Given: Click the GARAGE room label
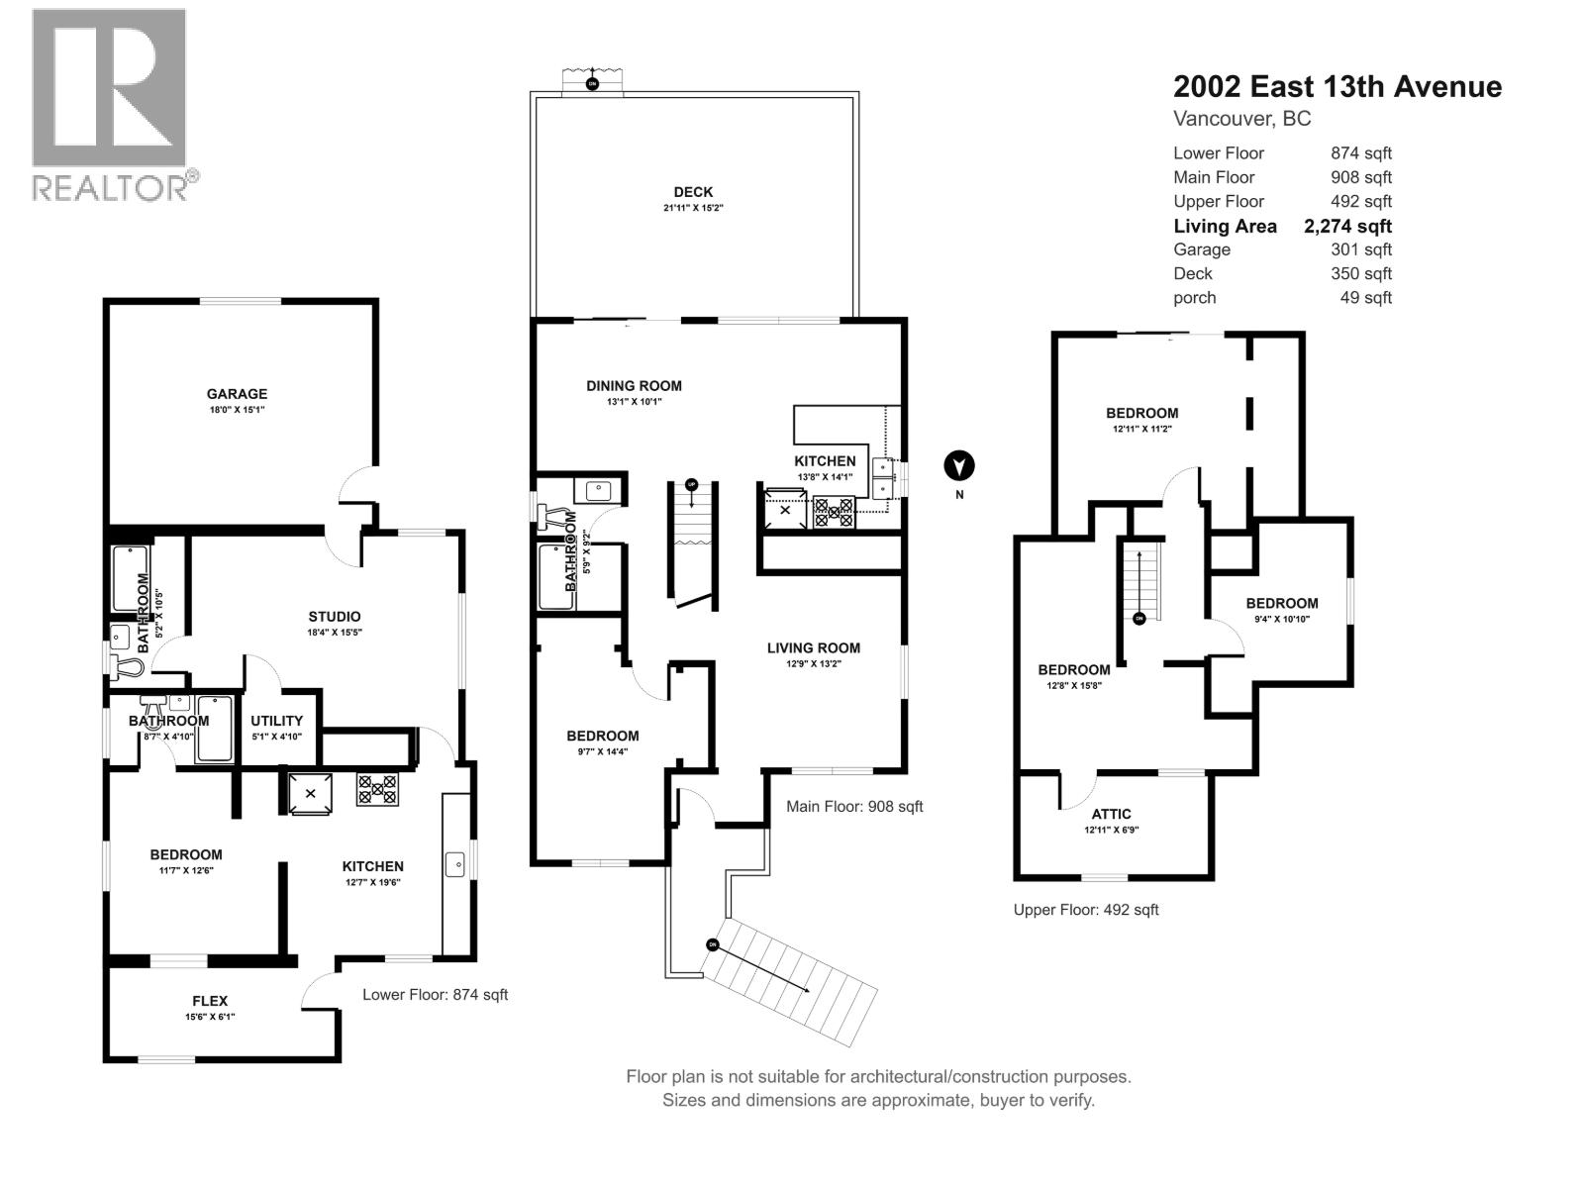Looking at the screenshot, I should (x=237, y=394).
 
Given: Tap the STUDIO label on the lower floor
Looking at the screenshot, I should (x=334, y=617).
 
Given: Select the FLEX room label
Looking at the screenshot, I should (x=210, y=1001).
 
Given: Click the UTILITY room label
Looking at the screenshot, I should (x=276, y=721).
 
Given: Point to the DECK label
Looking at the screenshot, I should (x=693, y=192).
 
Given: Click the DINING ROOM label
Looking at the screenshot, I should (x=634, y=386).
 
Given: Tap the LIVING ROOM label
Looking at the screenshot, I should (x=813, y=648).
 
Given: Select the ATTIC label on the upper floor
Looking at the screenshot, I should (x=1112, y=814).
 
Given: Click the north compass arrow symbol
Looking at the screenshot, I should (x=958, y=464).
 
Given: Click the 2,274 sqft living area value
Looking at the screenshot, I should (x=1347, y=226).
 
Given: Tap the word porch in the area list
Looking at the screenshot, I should (x=1194, y=298).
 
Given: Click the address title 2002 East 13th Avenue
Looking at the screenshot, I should (x=1336, y=87).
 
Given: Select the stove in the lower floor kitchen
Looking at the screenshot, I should (x=377, y=789).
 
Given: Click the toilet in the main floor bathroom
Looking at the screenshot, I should (x=554, y=514).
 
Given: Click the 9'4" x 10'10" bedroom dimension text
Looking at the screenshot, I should (x=1281, y=619).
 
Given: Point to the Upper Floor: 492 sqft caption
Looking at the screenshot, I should (x=1085, y=909).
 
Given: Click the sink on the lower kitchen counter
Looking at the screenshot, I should (x=456, y=864).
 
